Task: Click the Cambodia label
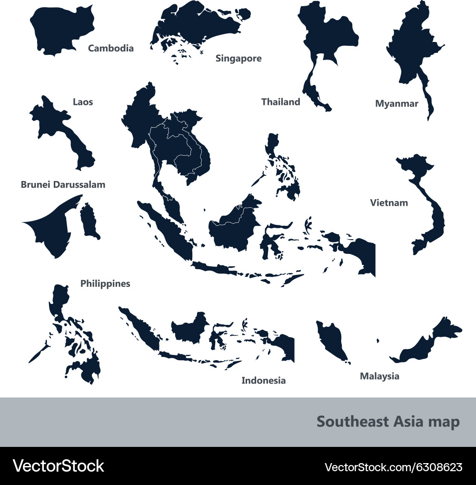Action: (111, 48)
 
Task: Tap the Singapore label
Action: (238, 59)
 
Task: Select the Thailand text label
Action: (281, 102)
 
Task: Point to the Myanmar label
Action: (397, 103)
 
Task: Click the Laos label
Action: (83, 102)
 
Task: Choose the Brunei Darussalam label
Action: (63, 184)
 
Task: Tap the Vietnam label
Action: (389, 203)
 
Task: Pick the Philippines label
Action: (105, 284)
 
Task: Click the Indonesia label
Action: (264, 380)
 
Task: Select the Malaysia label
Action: (379, 376)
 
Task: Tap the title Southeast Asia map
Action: (388, 422)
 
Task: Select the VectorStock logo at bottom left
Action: (58, 466)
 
